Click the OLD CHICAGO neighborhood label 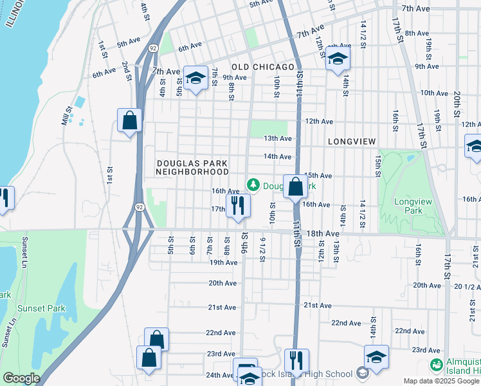pyautogui.click(x=262, y=67)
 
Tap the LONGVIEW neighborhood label pyautogui.click(x=351, y=141)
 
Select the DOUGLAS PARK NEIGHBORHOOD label pyautogui.click(x=193, y=168)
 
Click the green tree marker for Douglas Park pyautogui.click(x=253, y=185)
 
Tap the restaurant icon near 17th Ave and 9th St pyautogui.click(x=238, y=206)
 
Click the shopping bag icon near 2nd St pyautogui.click(x=129, y=120)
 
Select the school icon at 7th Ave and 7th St pyautogui.click(x=195, y=78)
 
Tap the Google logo pyautogui.click(x=21, y=378)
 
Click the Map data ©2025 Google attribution pyautogui.click(x=440, y=381)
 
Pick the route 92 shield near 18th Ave pyautogui.click(x=140, y=207)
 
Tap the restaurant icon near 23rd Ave pyautogui.click(x=296, y=360)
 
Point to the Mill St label pyautogui.click(x=66, y=116)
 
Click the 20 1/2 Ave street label pyautogui.click(x=467, y=286)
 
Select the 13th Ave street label pyautogui.click(x=278, y=138)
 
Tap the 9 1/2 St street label pyautogui.click(x=262, y=250)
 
